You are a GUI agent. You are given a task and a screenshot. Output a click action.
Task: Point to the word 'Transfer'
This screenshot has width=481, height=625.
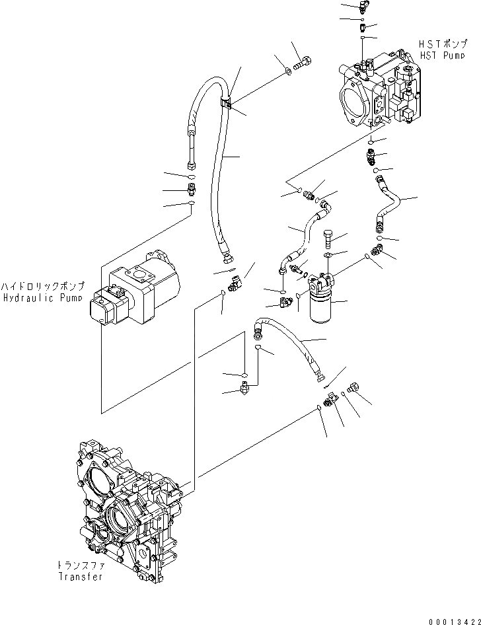click(x=80, y=577)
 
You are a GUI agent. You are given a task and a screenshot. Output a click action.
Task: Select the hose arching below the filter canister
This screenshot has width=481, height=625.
click(x=291, y=344)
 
